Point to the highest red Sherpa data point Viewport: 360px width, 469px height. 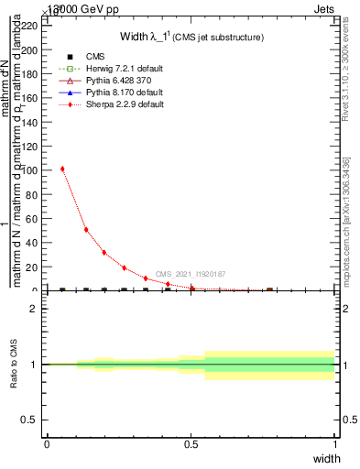click(62, 169)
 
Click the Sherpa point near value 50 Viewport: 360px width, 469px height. click(86, 229)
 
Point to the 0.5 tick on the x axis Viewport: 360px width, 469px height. click(191, 444)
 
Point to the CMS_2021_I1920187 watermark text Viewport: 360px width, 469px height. click(191, 274)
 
